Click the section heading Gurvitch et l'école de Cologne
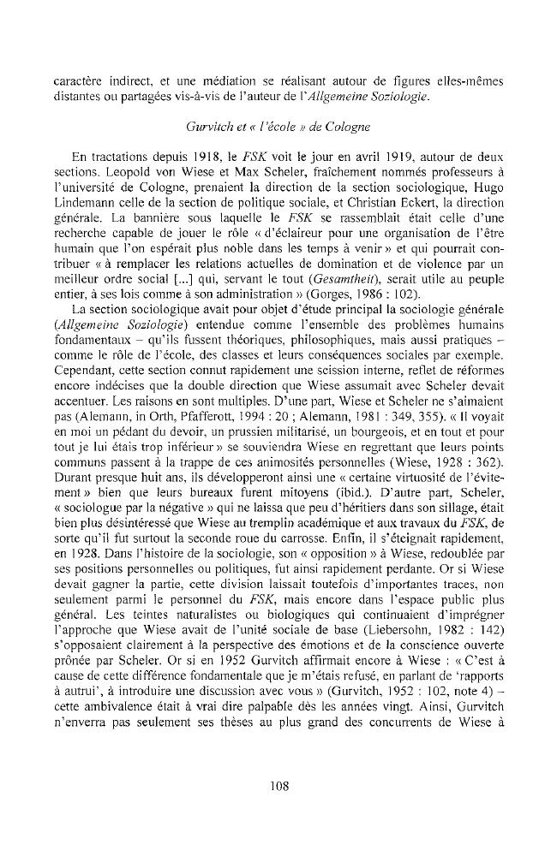click(x=278, y=128)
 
